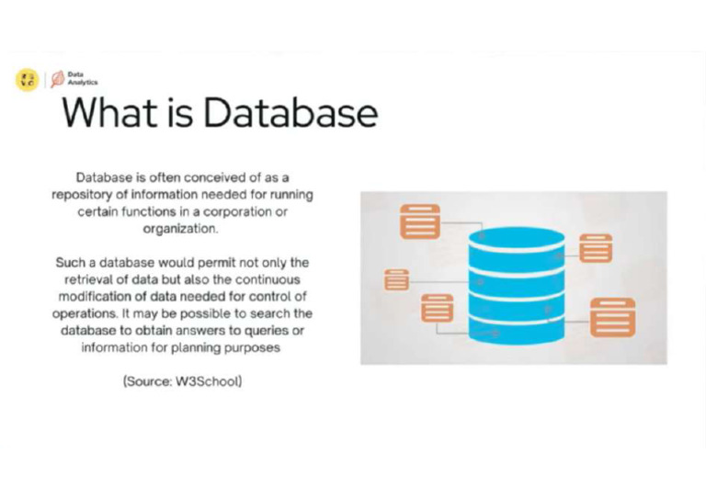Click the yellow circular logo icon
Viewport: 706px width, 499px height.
[x=27, y=80]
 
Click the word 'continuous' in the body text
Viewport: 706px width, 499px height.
[x=273, y=279]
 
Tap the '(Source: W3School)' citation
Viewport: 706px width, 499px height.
[x=182, y=380]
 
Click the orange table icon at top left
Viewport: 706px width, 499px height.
[x=419, y=221]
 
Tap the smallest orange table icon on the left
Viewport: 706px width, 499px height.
[x=396, y=279]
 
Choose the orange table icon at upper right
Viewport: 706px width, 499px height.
[x=595, y=248]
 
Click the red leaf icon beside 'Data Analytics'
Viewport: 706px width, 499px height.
[x=57, y=79]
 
